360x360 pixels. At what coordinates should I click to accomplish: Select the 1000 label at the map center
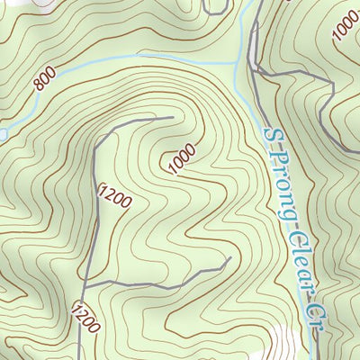pos(181,160)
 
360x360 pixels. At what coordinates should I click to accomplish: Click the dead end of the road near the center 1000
pos(172,116)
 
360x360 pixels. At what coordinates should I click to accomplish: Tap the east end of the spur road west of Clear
pos(229,260)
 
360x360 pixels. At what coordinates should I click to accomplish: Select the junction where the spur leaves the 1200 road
pos(88,285)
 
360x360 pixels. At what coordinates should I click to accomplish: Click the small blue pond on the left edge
pos(3,134)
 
